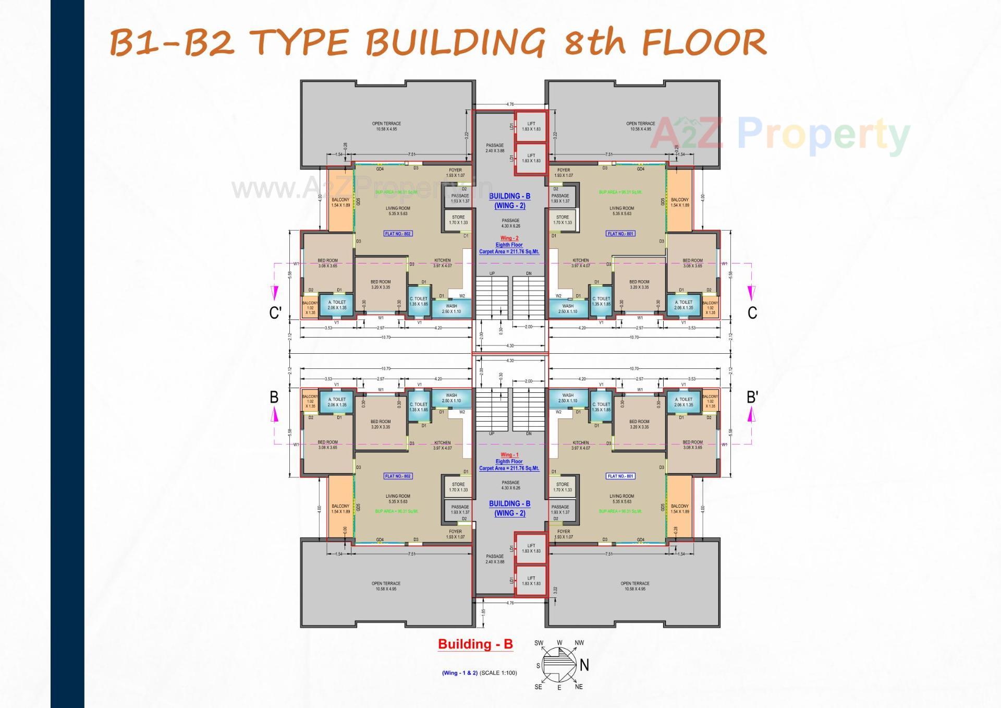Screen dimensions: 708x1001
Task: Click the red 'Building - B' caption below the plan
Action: tap(475, 644)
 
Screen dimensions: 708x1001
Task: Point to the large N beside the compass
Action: tap(584, 665)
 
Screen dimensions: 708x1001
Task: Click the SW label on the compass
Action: tap(539, 643)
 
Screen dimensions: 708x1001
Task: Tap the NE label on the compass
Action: tap(579, 687)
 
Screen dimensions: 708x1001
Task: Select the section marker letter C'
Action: tap(275, 313)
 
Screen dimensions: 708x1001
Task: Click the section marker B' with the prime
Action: tap(752, 398)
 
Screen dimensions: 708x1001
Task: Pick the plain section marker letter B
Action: tap(274, 398)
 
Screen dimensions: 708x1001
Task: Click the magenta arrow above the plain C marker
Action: tap(751, 293)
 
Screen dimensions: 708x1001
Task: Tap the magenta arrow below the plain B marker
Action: tap(275, 415)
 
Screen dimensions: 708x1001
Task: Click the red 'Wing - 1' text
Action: tap(509, 455)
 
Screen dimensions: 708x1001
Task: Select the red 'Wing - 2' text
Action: tap(509, 238)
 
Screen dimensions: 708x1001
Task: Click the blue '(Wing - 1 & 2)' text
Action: tap(460, 673)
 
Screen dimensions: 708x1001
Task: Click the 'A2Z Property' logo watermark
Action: tap(779, 134)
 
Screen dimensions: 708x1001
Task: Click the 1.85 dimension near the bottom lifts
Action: tap(484, 611)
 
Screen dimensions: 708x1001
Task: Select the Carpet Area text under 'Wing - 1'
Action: tap(509, 469)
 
